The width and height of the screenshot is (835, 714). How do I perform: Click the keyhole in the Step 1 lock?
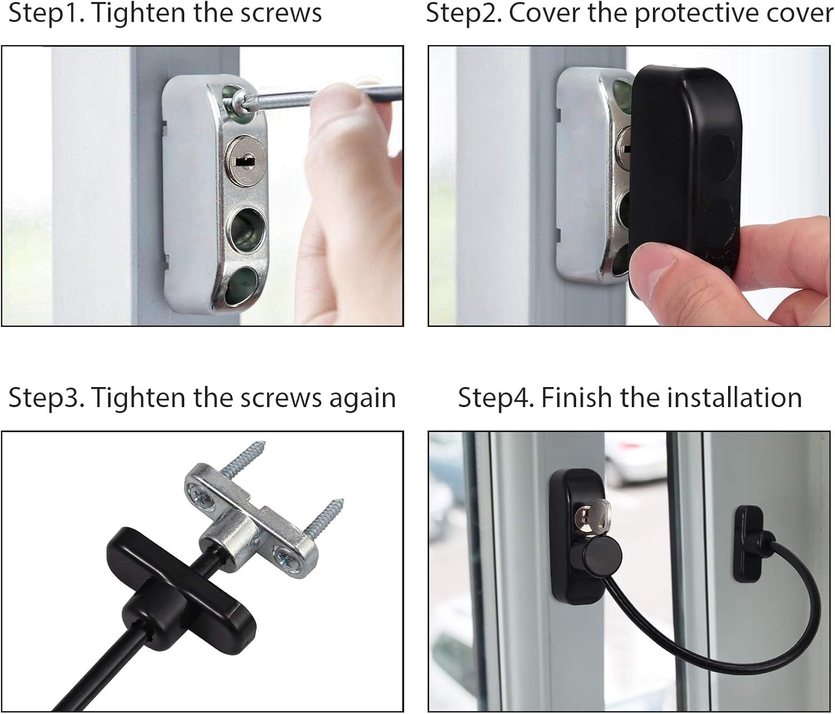point(243,161)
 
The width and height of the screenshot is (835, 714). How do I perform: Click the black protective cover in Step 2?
point(685,167)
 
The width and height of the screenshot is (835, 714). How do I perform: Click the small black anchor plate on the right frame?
point(748,535)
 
